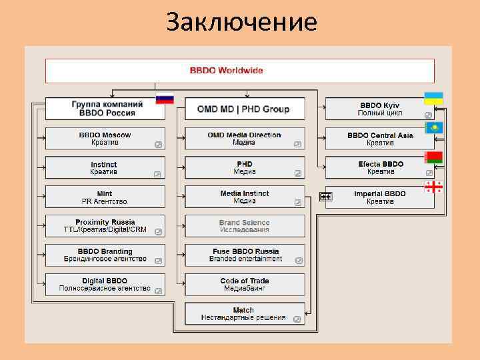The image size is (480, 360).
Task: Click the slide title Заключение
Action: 241,23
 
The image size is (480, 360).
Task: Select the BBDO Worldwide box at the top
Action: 239,71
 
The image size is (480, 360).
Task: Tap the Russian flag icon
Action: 164,99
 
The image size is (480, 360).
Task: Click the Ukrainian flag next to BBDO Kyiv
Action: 433,99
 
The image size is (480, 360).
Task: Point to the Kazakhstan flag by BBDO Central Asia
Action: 433,128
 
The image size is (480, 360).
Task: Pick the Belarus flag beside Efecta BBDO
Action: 433,158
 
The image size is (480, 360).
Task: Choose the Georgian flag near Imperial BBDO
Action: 433,187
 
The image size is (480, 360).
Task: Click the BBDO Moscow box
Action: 105,139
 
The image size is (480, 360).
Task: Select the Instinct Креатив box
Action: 105,168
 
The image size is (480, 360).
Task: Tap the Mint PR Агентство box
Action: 105,197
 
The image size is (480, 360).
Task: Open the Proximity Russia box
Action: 105,226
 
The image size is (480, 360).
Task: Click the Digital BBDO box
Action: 105,285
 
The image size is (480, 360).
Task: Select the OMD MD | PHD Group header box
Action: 244,109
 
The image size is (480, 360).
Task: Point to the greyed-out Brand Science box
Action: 244,226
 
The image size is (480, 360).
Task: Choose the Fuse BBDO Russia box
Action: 244,255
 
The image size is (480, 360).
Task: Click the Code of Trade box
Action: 244,285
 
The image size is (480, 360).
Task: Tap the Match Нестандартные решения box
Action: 244,314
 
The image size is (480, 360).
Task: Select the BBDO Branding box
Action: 105,255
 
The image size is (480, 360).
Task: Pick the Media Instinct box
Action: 244,197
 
